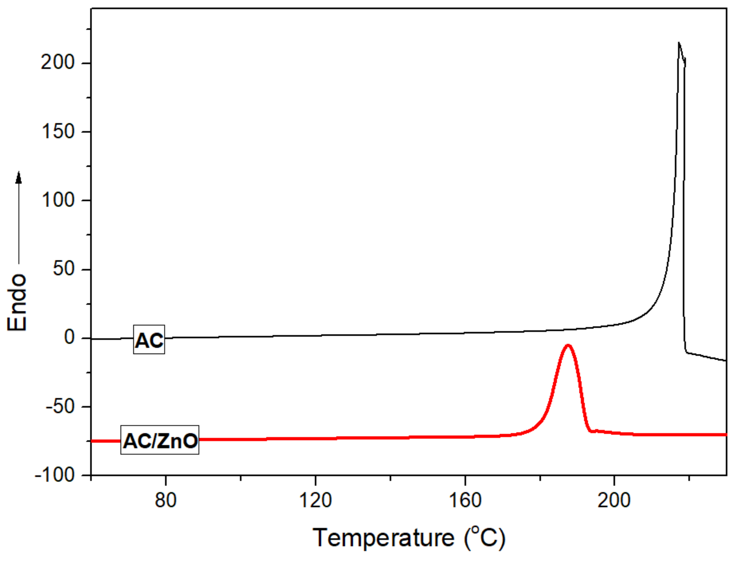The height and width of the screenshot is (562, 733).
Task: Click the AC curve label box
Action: pyautogui.click(x=149, y=339)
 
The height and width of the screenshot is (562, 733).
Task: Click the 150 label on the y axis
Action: pyautogui.click(x=58, y=131)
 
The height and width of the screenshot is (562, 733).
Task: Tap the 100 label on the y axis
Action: pyautogui.click(x=58, y=200)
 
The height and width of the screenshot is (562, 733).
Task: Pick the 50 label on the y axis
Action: pyautogui.click(x=64, y=269)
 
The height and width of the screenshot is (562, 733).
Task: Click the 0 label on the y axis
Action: pyautogui.click(x=70, y=337)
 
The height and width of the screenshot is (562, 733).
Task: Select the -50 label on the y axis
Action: pyautogui.click(x=60, y=407)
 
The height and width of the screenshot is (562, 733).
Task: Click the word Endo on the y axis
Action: pyautogui.click(x=17, y=303)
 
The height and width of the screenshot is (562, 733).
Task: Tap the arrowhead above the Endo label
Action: pyautogui.click(x=19, y=177)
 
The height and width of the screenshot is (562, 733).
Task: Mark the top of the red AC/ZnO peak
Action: pyautogui.click(x=568, y=345)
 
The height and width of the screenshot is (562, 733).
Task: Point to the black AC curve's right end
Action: pyautogui.click(x=726, y=361)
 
